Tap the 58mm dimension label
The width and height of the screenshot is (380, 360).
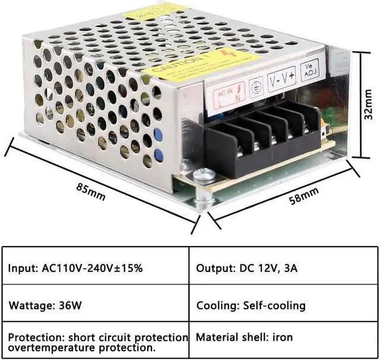[x=304, y=195]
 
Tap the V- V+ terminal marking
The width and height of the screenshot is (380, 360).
[x=282, y=78]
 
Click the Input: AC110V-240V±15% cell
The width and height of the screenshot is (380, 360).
[x=75, y=268]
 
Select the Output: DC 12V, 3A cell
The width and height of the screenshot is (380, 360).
[x=247, y=268]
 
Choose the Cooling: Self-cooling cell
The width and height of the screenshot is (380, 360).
[x=251, y=306]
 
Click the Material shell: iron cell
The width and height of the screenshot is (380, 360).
[x=244, y=337]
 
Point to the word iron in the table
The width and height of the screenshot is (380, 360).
[x=282, y=337]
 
